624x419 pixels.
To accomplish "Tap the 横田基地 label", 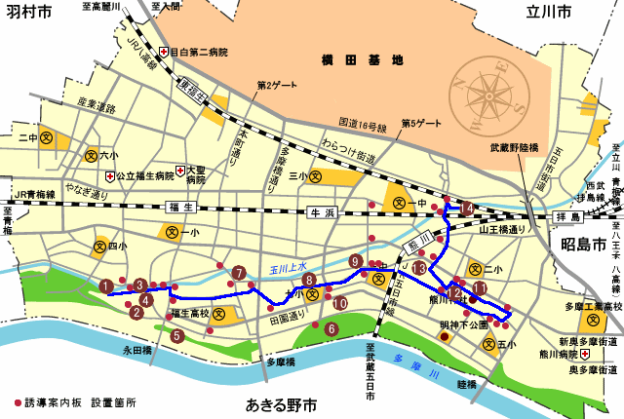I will (x=362, y=59).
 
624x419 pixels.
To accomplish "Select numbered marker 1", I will (x=105, y=286).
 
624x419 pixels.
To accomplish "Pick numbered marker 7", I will (x=239, y=273).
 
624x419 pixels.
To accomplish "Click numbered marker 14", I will (x=468, y=208).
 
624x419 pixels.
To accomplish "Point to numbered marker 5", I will (x=176, y=335).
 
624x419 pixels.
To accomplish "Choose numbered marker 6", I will (x=331, y=329).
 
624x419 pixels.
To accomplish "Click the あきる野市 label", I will (x=281, y=403).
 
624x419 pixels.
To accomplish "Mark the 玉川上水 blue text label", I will (x=289, y=267).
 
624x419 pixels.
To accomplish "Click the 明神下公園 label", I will (x=463, y=324).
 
